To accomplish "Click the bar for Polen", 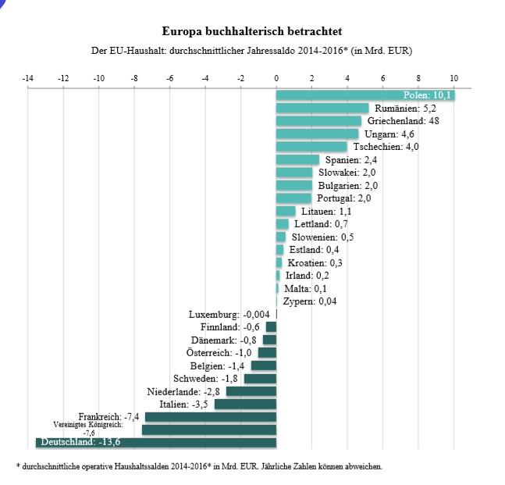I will pos(365,95).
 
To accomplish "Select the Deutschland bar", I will pos(156,443).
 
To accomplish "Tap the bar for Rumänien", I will pos(322,108).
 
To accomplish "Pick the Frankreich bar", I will pos(211,417).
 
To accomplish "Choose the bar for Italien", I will pos(245,404).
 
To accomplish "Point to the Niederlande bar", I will pos(251,391).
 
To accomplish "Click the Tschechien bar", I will pos(311,147).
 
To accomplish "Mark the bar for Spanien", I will pos(297,159).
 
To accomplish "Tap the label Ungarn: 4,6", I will pos(389,134).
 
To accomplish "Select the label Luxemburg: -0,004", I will pos(230,315).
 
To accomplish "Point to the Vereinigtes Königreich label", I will pos(87,426).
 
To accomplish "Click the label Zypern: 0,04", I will pos(310,301).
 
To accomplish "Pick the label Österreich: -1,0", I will pos(216,353).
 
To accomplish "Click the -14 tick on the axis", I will pos(28,78).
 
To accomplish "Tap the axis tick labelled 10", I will pos(454,78).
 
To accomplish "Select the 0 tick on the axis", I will pos(276,78).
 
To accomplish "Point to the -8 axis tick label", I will pos(134,78).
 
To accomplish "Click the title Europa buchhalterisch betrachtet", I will pos(251,32).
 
